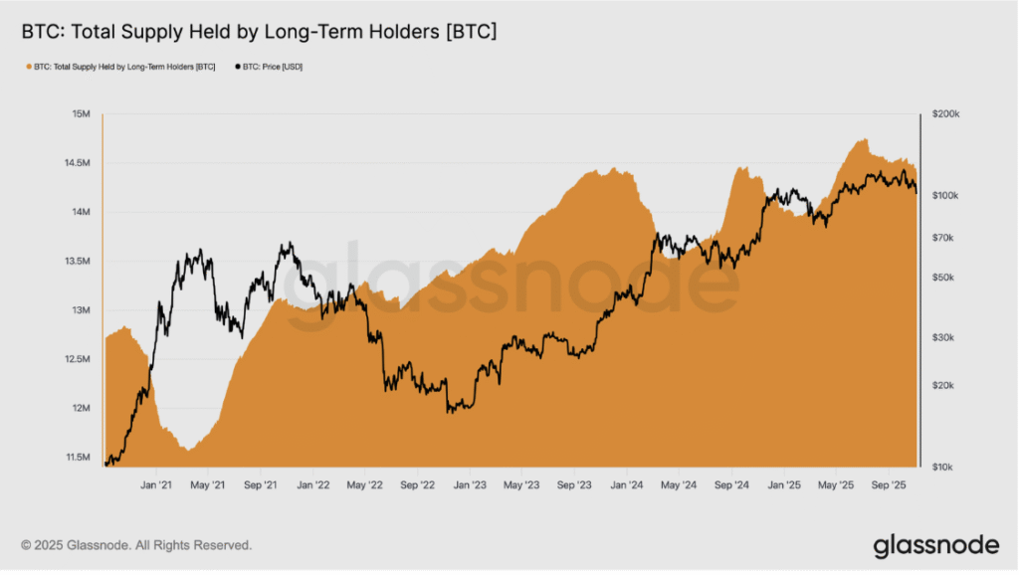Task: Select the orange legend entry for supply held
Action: [120, 67]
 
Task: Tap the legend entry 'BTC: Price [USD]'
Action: [269, 67]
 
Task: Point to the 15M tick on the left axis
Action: [82, 113]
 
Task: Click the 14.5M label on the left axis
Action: [78, 163]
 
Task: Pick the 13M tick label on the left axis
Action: [82, 310]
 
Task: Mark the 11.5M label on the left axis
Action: [78, 458]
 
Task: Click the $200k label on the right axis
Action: [945, 113]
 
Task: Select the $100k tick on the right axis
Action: [945, 196]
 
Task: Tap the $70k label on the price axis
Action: [943, 238]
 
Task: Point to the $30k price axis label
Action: [943, 338]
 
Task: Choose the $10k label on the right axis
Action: [942, 468]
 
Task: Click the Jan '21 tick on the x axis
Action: [156, 485]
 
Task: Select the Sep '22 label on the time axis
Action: [417, 485]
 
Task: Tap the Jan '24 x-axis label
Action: [627, 485]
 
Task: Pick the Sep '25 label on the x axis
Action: [889, 485]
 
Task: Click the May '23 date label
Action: [521, 485]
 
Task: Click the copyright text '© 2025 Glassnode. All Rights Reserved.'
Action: [136, 545]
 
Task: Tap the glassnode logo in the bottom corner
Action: [936, 546]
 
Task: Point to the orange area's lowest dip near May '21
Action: [188, 450]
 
